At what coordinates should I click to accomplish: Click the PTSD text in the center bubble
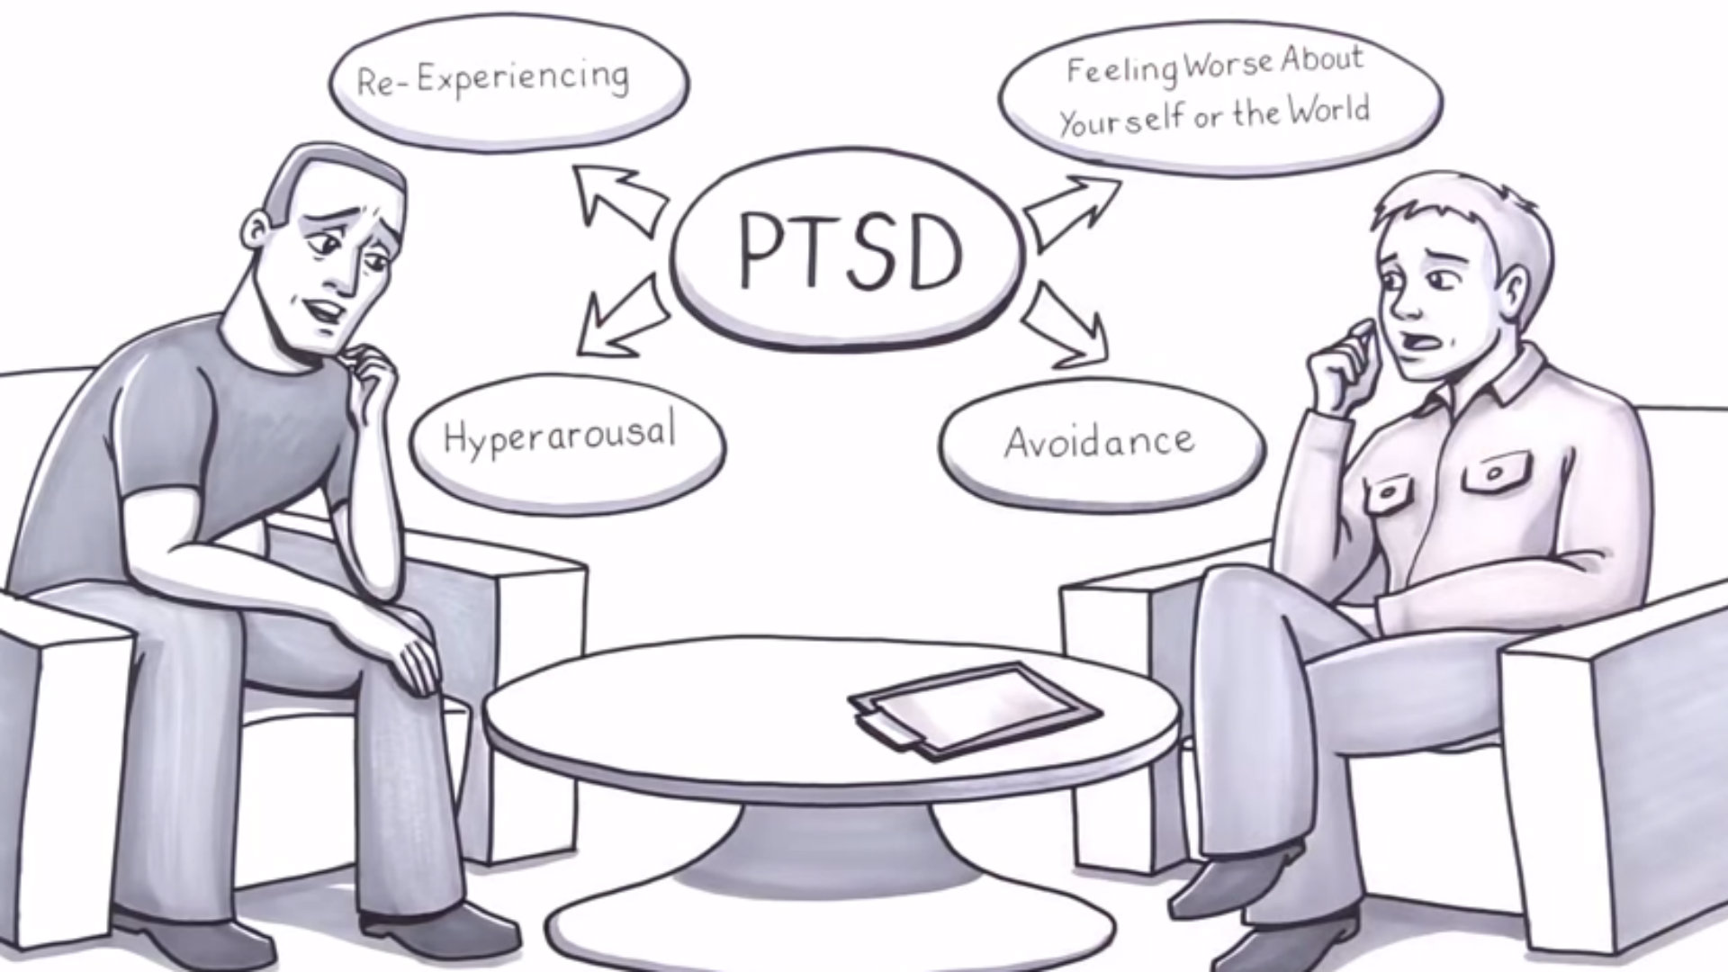coord(850,252)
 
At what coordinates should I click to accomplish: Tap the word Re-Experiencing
coord(493,79)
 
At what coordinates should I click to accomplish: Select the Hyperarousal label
coord(559,436)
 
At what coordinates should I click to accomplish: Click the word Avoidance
coord(1100,442)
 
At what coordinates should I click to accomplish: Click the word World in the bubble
coord(1328,111)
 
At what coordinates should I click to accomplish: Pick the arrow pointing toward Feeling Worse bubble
coord(1071,209)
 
